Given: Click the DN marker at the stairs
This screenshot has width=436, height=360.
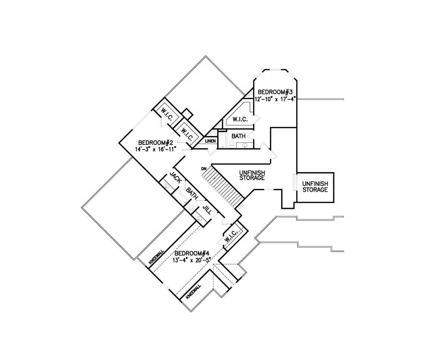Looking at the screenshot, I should pos(204,169).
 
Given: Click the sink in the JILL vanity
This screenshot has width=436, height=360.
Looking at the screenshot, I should pos(199,219).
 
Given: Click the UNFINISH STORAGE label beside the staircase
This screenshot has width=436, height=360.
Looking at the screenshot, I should pos(252,175).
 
